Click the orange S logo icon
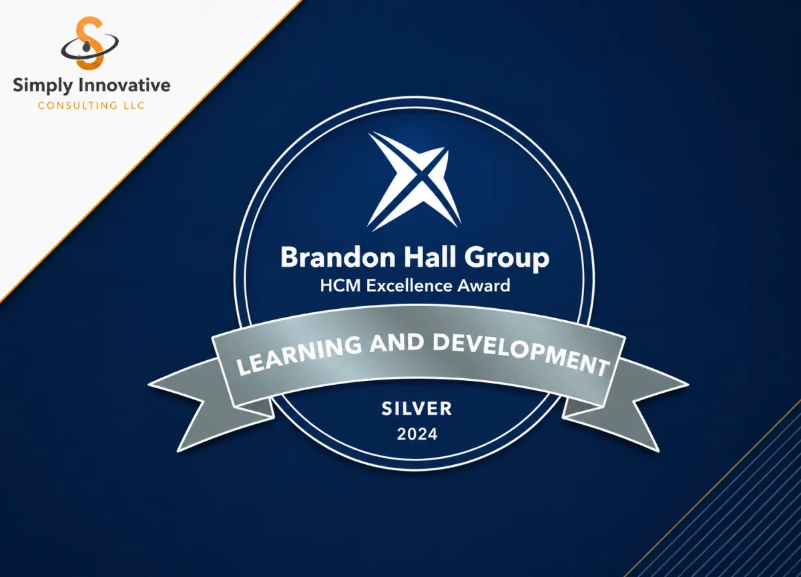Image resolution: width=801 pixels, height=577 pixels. pyautogui.click(x=89, y=43)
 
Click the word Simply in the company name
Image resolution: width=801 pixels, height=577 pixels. pyautogui.click(x=43, y=87)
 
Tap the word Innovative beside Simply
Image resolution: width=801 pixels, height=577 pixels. pyautogui.click(x=124, y=85)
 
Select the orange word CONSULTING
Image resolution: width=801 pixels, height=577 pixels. pyautogui.click(x=76, y=106)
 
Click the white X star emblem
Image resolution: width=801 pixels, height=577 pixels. pyautogui.click(x=414, y=181)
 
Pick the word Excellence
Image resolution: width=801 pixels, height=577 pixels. pyautogui.click(x=409, y=286)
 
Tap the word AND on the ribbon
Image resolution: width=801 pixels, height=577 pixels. pyautogui.click(x=398, y=344)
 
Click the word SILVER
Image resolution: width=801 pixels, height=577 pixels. pyautogui.click(x=417, y=409)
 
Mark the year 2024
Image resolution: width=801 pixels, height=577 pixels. pyautogui.click(x=417, y=434)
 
